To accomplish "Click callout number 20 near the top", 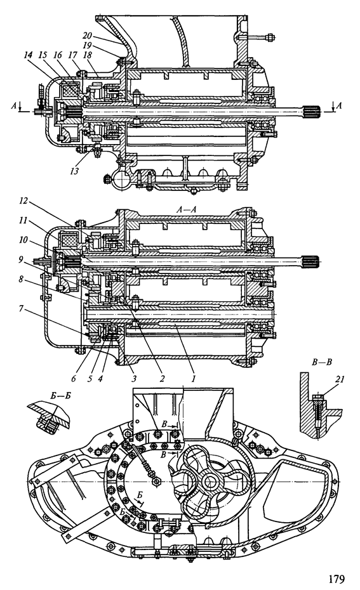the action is pos(88,35).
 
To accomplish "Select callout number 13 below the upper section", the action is pos(74,171).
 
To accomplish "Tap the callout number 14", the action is pos(28,55).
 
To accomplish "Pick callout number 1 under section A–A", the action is pos(193,377).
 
